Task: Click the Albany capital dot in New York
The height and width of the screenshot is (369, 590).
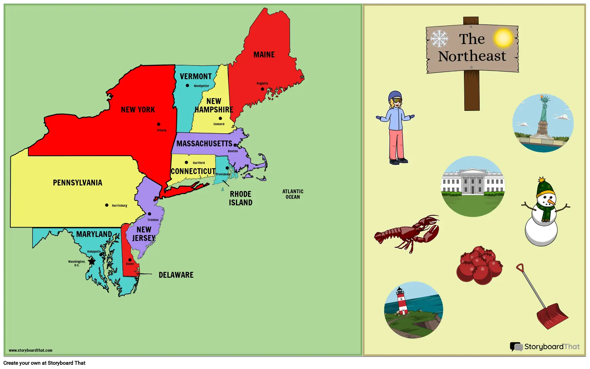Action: click(x=159, y=124)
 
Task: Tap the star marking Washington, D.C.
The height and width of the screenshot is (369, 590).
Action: click(x=92, y=261)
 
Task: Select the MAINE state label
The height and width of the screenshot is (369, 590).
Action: click(x=264, y=55)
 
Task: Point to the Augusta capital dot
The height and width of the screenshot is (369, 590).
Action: click(x=263, y=89)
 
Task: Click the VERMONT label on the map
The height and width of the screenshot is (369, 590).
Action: click(x=196, y=77)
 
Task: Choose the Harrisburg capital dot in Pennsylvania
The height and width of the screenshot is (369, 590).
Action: click(x=107, y=205)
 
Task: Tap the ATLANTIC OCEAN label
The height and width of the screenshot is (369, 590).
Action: click(x=293, y=194)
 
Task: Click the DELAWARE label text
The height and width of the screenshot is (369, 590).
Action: click(x=176, y=275)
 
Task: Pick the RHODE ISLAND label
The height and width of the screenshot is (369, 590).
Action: click(x=241, y=198)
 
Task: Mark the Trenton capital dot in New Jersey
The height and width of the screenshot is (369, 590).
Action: click(x=150, y=214)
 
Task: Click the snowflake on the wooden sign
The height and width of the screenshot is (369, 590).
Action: click(x=439, y=38)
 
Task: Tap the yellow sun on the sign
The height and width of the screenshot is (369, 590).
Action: click(x=503, y=38)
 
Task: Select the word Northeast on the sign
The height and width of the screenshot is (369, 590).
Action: click(x=472, y=56)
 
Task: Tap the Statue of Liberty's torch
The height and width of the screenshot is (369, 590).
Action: click(x=542, y=97)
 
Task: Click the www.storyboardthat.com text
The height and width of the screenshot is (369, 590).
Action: click(x=31, y=350)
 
